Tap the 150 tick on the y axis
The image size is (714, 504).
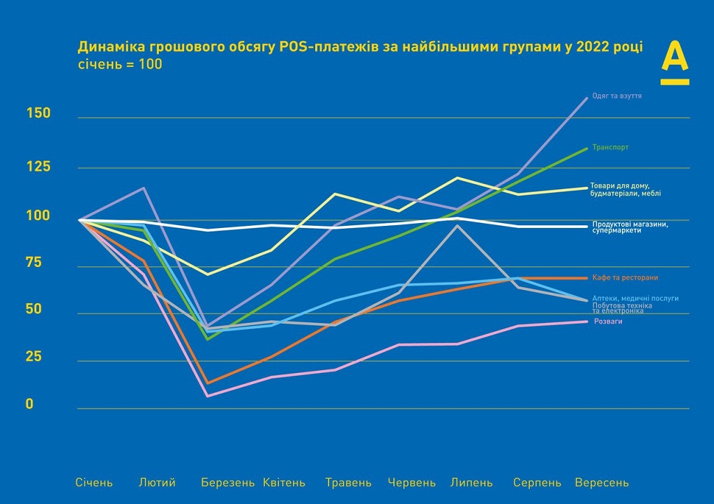39,113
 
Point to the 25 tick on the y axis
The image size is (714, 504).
35,357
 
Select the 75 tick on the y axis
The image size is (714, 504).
35,262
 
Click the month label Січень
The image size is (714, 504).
94,482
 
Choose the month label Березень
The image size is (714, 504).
227,482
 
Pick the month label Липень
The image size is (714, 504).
472,482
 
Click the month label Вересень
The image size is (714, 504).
602,482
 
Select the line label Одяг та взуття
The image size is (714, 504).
616,96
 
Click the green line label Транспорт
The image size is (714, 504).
611,148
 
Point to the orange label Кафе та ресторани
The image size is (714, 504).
625,277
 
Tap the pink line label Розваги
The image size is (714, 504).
608,322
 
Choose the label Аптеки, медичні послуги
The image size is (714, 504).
635,298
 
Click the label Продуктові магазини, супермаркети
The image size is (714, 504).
630,227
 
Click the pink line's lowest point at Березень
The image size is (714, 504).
207,396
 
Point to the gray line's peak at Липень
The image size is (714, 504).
457,225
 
